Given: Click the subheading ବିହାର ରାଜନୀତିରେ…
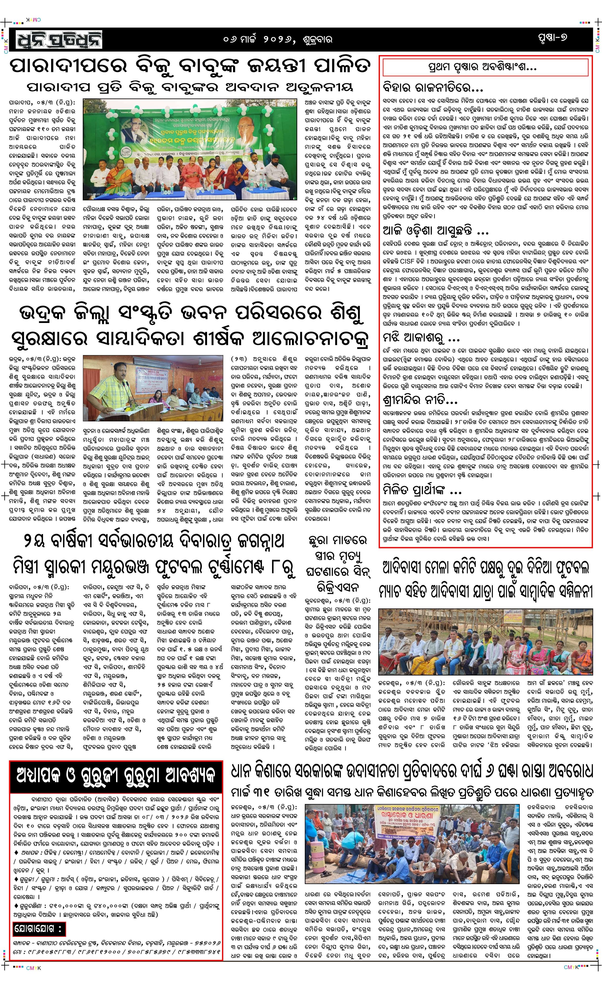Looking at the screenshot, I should [x=433, y=87].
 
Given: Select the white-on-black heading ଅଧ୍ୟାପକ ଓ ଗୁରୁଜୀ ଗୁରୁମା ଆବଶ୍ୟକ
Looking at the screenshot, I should [x=116, y=776].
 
